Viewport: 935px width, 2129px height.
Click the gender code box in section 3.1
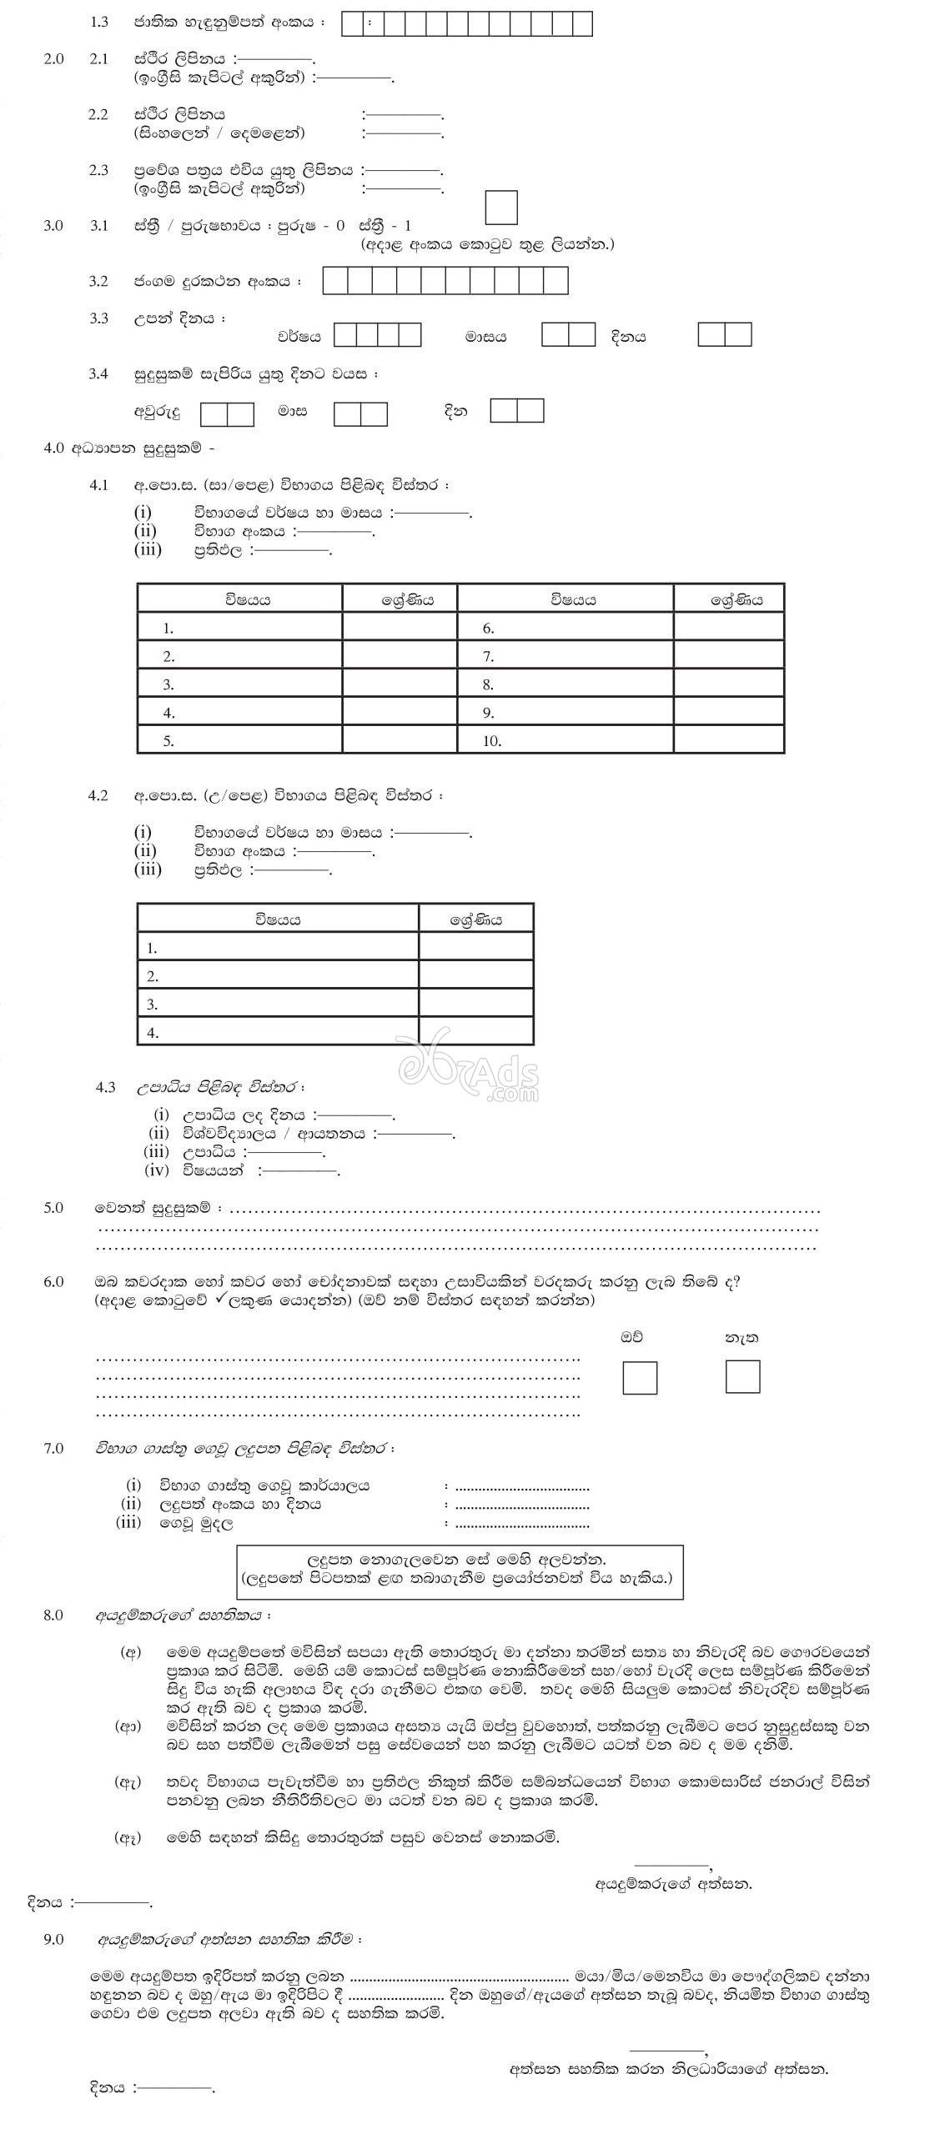point(500,208)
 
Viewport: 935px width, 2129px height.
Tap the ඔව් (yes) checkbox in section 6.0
point(639,1377)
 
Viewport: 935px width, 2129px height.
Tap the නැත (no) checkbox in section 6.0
point(741,1376)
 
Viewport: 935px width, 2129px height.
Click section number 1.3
point(99,23)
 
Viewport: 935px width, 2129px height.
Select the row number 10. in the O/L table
point(491,740)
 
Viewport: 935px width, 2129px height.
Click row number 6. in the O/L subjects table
point(488,628)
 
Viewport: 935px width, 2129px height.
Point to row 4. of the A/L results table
point(152,1032)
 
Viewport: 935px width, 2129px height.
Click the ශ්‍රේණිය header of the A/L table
point(475,919)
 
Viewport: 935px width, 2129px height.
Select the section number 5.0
point(53,1208)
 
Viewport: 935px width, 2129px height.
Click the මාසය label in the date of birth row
point(485,338)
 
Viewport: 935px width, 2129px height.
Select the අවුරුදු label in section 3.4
point(157,413)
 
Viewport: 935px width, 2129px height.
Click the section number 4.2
point(98,795)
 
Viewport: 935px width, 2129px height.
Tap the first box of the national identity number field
point(352,24)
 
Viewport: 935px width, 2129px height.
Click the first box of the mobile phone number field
point(334,281)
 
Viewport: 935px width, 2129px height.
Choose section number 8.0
point(53,1616)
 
